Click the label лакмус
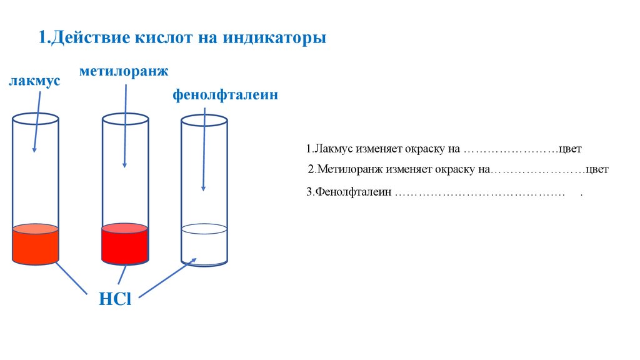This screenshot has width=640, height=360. coord(34,81)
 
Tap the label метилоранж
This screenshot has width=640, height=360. coord(124,71)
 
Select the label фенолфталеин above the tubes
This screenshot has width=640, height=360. coord(224,96)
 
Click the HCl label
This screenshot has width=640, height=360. coord(115,299)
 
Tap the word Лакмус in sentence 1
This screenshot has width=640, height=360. coord(335,149)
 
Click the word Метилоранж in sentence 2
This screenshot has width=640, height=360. coord(348,169)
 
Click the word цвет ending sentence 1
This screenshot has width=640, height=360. coord(570,149)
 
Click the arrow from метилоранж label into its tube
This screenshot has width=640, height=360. coord(126,125)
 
